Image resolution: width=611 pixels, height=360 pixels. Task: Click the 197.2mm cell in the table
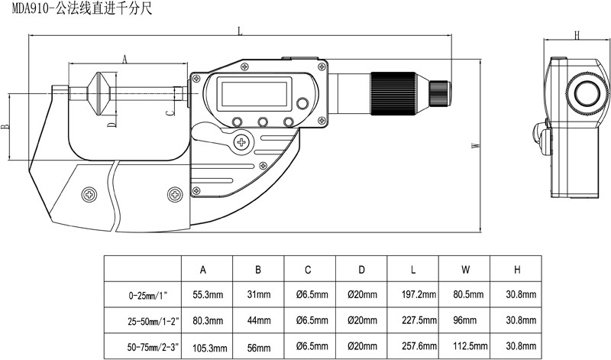click(412, 294)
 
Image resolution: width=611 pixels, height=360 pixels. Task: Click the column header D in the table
click(360, 269)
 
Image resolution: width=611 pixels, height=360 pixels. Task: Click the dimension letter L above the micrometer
click(241, 31)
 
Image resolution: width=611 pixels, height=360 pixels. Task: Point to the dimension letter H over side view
click(577, 34)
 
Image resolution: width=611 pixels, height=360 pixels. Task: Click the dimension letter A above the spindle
click(124, 57)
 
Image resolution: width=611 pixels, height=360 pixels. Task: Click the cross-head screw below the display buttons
click(243, 141)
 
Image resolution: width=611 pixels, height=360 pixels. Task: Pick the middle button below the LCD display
click(263, 122)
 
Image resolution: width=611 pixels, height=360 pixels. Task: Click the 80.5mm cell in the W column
click(464, 294)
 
